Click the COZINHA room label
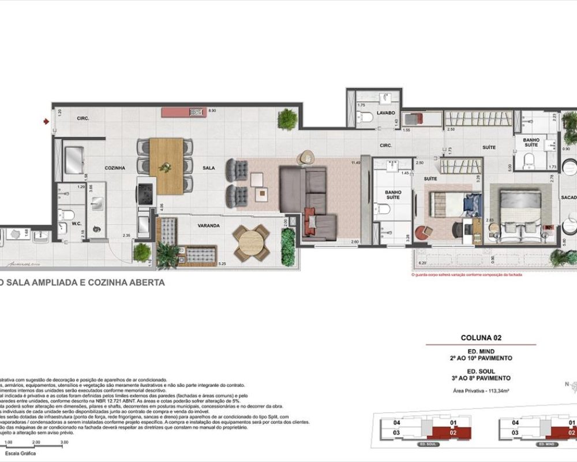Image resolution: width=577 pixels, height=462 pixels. pos(115,168)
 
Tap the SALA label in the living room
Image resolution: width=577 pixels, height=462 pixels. pos(209,168)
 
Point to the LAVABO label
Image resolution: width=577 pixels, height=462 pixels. pos(385,113)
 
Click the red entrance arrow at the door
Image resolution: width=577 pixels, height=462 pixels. pos(45,121)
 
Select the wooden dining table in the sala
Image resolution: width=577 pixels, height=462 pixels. pos(166,166)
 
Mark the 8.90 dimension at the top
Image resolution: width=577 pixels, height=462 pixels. pos(212,110)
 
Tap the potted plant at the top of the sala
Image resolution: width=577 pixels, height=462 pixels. pos(287,119)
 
